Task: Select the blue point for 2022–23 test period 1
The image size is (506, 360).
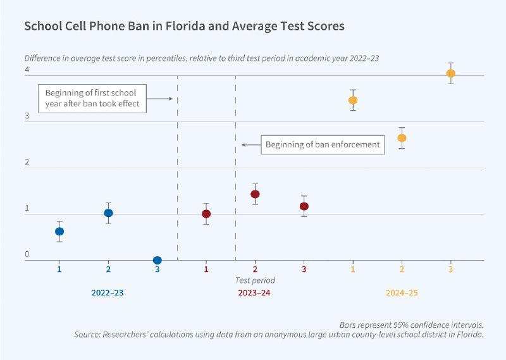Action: (59, 232)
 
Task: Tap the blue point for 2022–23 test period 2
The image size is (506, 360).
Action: (108, 213)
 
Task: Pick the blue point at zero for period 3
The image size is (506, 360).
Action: (157, 260)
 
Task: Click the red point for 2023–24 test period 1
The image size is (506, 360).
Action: (206, 214)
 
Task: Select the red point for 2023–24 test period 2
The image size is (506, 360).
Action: (255, 194)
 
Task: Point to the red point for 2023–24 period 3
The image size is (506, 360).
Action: (304, 206)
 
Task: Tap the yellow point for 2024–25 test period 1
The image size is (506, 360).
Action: (353, 100)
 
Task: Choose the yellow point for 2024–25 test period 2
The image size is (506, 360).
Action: (402, 138)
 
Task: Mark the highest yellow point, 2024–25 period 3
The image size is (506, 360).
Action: (451, 73)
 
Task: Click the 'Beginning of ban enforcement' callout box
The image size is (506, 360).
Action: (323, 145)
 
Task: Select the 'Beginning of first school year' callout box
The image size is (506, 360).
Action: (93, 99)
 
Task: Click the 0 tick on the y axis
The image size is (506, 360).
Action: (27, 254)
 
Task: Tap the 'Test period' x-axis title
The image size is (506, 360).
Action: (255, 280)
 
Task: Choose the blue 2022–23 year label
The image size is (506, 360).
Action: (108, 294)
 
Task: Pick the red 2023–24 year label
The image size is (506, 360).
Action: (255, 294)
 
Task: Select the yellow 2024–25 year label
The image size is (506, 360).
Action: (402, 294)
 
